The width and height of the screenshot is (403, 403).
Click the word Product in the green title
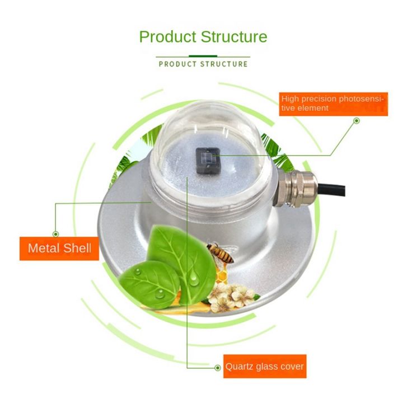point(166,37)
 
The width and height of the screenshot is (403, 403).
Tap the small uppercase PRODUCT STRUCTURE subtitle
point(203,64)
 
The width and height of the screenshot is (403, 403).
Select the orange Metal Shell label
point(59,247)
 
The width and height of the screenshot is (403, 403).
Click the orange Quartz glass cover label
point(264,367)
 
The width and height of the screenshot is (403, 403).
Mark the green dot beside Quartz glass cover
point(218,367)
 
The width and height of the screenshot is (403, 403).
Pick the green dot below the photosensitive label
point(357,120)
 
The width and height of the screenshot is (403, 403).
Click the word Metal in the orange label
point(44,247)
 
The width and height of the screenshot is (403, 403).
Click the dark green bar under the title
point(203,56)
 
